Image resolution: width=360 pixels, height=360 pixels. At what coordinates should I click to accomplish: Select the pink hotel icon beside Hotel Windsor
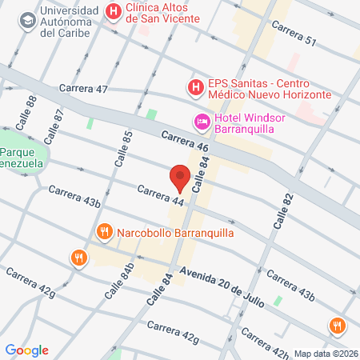point(202,122)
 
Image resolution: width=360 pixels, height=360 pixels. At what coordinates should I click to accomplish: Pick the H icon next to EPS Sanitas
point(194,86)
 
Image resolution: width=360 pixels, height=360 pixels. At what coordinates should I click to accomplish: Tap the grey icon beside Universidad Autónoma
point(28,18)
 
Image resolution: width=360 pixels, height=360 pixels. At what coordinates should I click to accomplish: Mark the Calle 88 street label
point(33,107)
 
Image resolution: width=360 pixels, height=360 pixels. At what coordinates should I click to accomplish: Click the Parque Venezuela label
point(23,159)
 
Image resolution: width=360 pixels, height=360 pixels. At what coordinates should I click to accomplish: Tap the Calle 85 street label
point(123,149)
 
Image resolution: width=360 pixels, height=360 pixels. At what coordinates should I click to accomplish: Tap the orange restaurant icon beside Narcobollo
point(103,233)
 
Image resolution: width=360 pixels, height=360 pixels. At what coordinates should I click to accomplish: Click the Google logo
point(27,350)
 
